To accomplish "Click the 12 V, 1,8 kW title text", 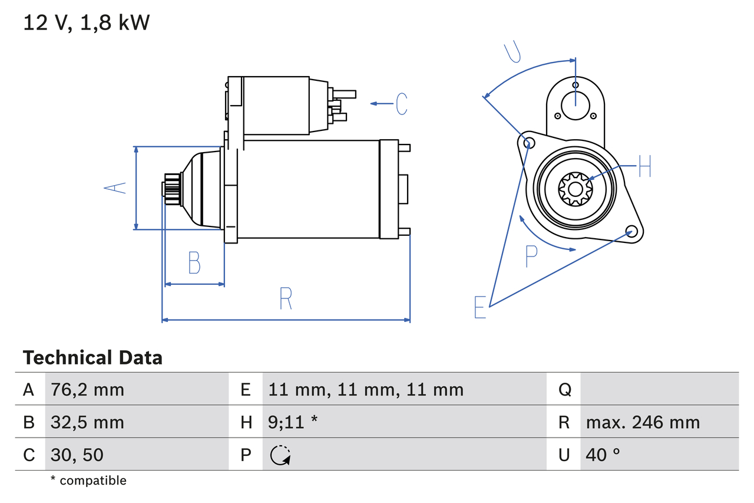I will pyautogui.click(x=87, y=23).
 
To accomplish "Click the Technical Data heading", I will pyautogui.click(x=92, y=358).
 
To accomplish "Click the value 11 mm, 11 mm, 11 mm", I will pyautogui.click(x=365, y=389).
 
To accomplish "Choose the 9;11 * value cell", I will pyautogui.click(x=293, y=422).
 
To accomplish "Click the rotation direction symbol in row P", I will pyautogui.click(x=280, y=455).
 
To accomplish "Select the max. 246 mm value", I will pyautogui.click(x=643, y=422).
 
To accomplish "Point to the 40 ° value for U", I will pyautogui.click(x=603, y=455).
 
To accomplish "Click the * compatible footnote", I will pyautogui.click(x=88, y=481).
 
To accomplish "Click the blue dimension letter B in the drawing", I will pyautogui.click(x=194, y=263).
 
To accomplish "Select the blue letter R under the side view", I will pyautogui.click(x=286, y=298).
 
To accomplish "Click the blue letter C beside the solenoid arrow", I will pyautogui.click(x=402, y=104).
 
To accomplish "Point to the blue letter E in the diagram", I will pyautogui.click(x=481, y=307).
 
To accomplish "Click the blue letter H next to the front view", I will pyautogui.click(x=645, y=167).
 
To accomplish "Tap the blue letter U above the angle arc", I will pyautogui.click(x=512, y=52).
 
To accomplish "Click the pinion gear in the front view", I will pyautogui.click(x=575, y=189).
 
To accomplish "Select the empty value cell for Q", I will pyautogui.click(x=659, y=389).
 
